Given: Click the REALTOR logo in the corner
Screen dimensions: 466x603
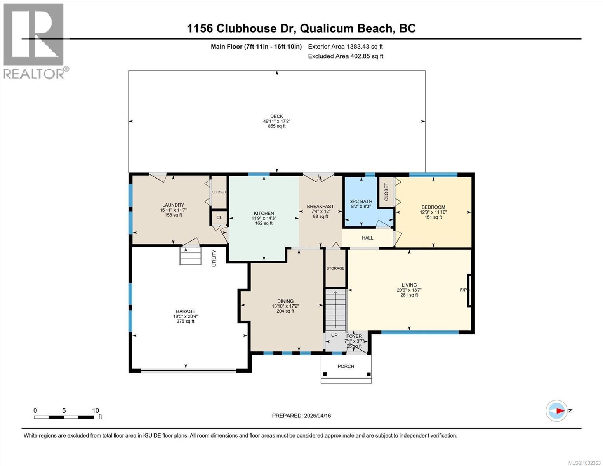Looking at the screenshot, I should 34,41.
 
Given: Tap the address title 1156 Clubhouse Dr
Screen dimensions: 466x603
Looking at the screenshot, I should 301,28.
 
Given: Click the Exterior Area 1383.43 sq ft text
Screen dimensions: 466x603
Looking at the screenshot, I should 345,47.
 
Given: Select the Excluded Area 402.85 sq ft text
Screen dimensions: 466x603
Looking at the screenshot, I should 345,56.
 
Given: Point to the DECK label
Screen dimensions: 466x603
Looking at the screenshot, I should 276,116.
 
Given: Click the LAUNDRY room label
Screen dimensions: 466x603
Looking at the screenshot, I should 173,205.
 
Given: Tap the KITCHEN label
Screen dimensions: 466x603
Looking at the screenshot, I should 264,213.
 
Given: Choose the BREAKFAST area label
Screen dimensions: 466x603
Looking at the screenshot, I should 320,207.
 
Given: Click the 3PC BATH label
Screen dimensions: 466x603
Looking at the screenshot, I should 361,201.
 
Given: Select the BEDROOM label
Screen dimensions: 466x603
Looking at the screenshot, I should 433,207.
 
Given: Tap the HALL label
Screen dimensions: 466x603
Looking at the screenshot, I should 367,238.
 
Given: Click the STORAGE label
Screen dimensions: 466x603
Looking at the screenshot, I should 335,268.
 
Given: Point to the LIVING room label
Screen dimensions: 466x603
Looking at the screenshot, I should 409,285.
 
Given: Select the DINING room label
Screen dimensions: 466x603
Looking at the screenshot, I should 285,301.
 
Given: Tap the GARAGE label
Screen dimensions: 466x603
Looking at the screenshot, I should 186,311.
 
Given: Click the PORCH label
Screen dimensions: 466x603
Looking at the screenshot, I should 346,366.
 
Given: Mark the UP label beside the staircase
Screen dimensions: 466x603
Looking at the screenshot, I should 334,335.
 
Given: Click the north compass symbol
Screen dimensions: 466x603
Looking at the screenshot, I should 557,410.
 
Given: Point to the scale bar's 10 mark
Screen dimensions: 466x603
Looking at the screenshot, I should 96,410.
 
